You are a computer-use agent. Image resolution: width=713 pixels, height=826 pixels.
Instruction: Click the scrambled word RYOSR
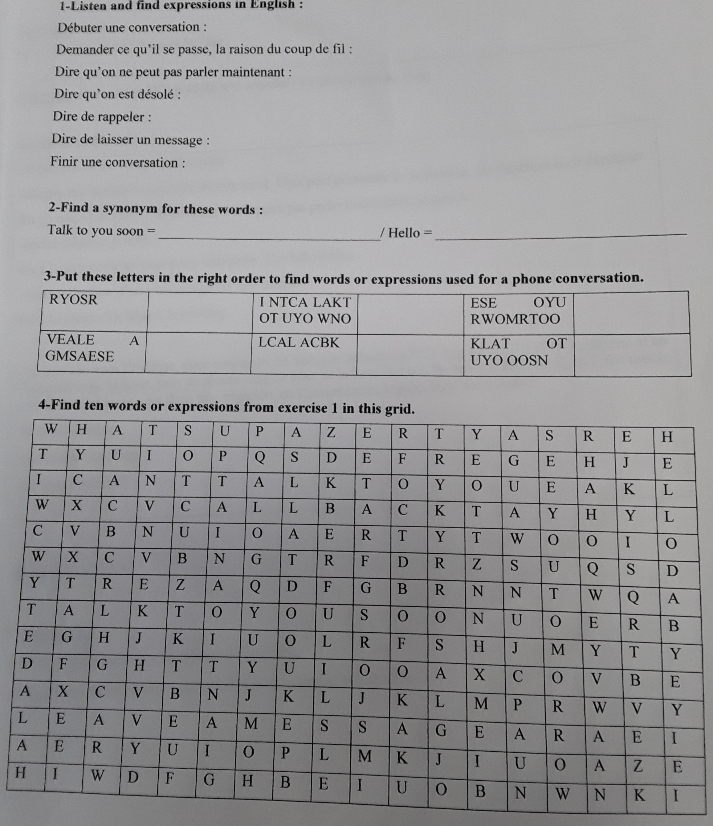73,299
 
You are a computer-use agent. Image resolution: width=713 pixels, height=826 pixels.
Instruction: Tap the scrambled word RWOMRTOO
515,319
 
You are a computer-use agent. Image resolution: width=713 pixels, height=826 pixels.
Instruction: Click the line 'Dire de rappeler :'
102,117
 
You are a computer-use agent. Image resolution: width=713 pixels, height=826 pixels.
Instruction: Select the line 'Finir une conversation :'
117,162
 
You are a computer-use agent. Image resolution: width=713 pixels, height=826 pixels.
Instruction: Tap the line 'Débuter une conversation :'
132,27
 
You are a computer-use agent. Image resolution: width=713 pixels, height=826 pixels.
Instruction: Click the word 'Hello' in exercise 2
404,233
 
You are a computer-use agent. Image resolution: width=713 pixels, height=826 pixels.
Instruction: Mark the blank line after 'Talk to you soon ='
269,238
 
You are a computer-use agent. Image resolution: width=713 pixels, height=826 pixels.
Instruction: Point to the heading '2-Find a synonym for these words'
155,209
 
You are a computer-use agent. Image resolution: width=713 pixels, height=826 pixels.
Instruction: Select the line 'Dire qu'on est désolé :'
117,94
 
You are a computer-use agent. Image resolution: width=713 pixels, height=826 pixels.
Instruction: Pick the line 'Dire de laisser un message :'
130,139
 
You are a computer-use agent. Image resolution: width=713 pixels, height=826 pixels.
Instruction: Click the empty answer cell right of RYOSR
200,312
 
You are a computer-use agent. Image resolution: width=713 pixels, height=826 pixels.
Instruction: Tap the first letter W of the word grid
51,430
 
